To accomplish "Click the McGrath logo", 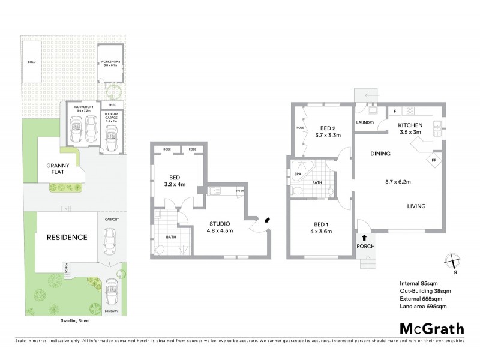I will tap(432, 329).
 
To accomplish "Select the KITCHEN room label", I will tap(411, 125).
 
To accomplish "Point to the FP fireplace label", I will tap(434, 160).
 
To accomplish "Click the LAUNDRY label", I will tap(365, 123).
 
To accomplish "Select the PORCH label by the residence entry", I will tap(365, 246).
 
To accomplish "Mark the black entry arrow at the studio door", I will tap(266, 220).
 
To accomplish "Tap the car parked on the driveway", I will tap(110, 293).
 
